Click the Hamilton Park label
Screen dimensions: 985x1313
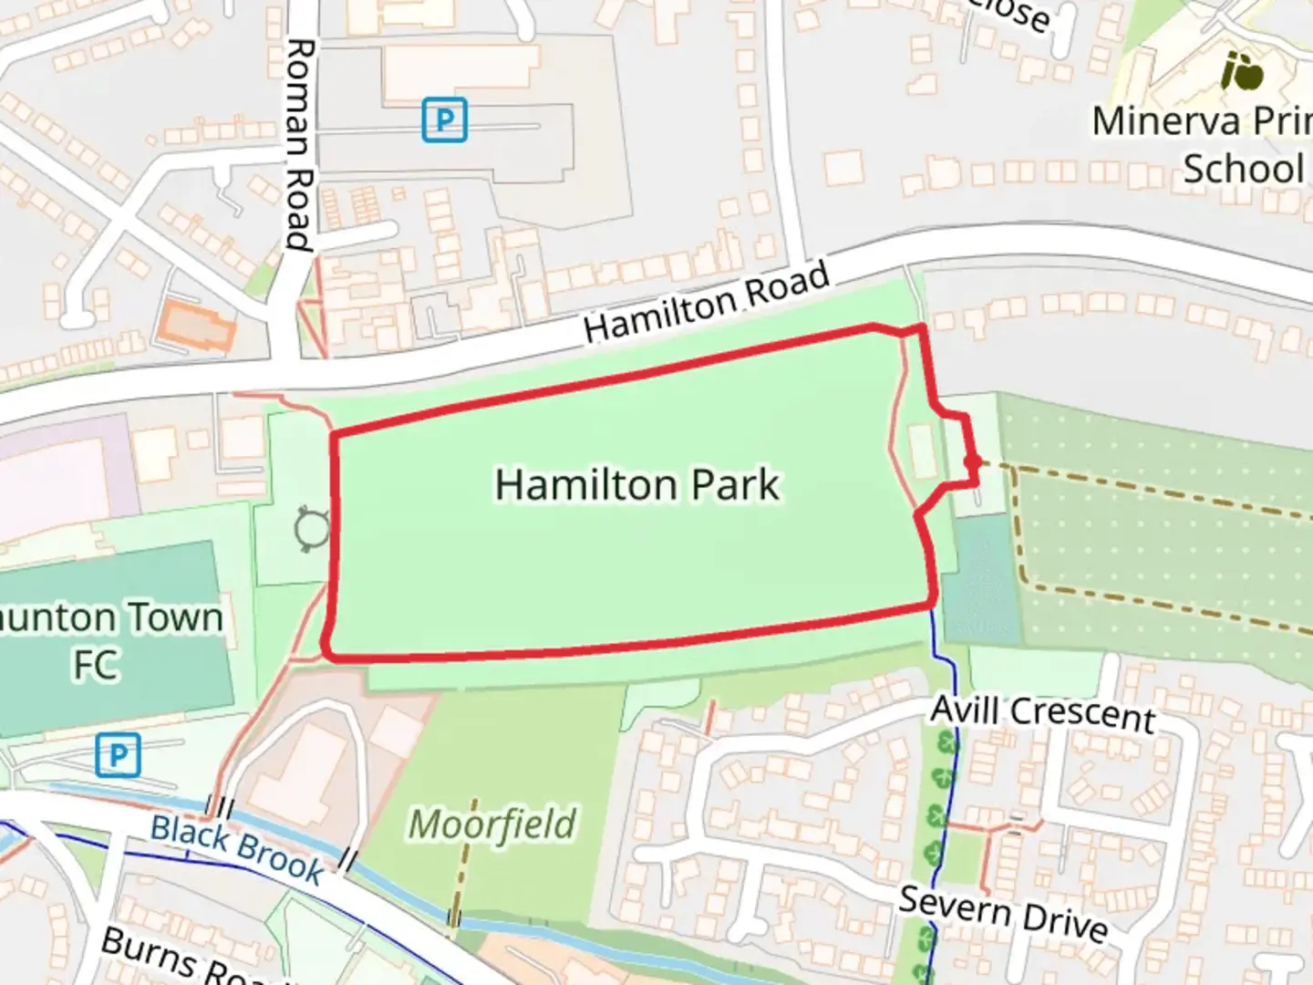coord(636,484)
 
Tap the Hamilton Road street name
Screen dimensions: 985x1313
coord(707,302)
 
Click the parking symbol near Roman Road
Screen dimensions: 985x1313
coord(444,119)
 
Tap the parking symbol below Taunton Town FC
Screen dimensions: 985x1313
coord(118,755)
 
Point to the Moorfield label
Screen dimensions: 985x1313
coord(492,824)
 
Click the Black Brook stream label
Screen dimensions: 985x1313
coord(237,848)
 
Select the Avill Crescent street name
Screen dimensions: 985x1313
coord(1043,712)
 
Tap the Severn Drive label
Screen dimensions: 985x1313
coord(1003,913)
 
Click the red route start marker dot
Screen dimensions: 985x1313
coord(973,463)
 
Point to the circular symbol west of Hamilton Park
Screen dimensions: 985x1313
coord(312,530)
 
